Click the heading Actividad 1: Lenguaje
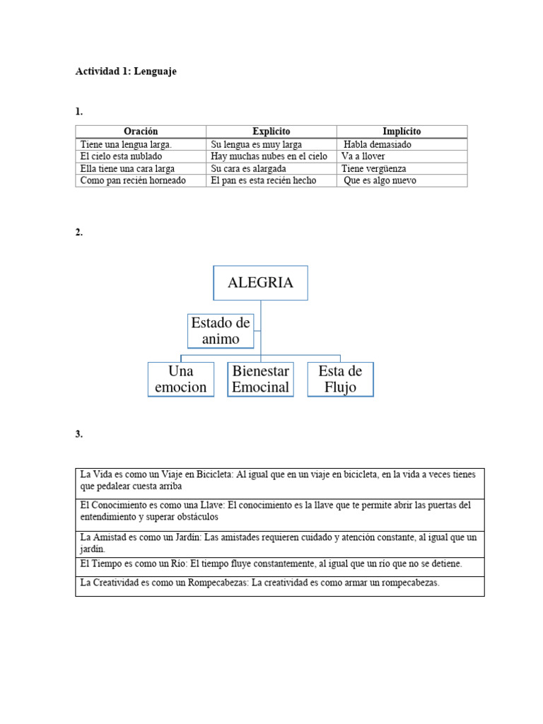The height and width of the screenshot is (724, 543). point(126,71)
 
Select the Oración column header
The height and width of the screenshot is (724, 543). point(141,132)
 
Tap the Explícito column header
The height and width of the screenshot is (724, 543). point(271,132)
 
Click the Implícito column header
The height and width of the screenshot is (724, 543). point(401,132)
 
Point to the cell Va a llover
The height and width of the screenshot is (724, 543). point(365,156)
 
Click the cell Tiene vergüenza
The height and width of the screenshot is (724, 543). point(373,168)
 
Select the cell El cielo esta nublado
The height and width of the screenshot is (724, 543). point(122,156)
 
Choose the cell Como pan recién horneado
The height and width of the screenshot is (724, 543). point(133,180)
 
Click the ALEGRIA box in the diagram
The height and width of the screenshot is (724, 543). point(260,283)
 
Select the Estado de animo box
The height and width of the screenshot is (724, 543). point(221,331)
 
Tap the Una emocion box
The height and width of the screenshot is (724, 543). point(180,379)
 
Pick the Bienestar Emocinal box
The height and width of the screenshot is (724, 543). point(260,379)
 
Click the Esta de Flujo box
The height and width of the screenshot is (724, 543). point(340,379)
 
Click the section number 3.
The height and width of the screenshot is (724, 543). point(78,434)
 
